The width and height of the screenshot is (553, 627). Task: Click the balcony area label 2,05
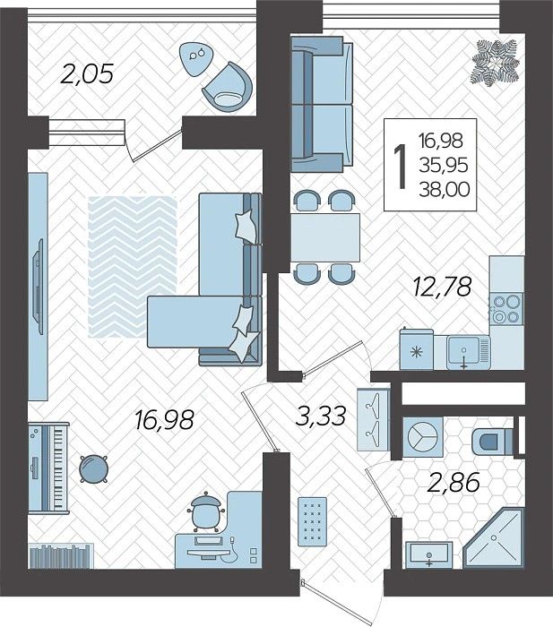87,73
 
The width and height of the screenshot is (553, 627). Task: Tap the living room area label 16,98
164,419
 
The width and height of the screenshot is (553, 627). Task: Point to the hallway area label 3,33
322,415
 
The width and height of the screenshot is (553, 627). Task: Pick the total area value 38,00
444,189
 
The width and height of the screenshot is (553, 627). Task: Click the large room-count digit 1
400,166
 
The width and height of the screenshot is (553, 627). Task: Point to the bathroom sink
430,555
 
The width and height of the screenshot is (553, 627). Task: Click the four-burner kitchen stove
506,308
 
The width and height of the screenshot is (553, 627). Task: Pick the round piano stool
93,468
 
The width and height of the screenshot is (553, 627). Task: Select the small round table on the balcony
194,57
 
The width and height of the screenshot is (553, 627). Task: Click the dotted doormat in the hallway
314,519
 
